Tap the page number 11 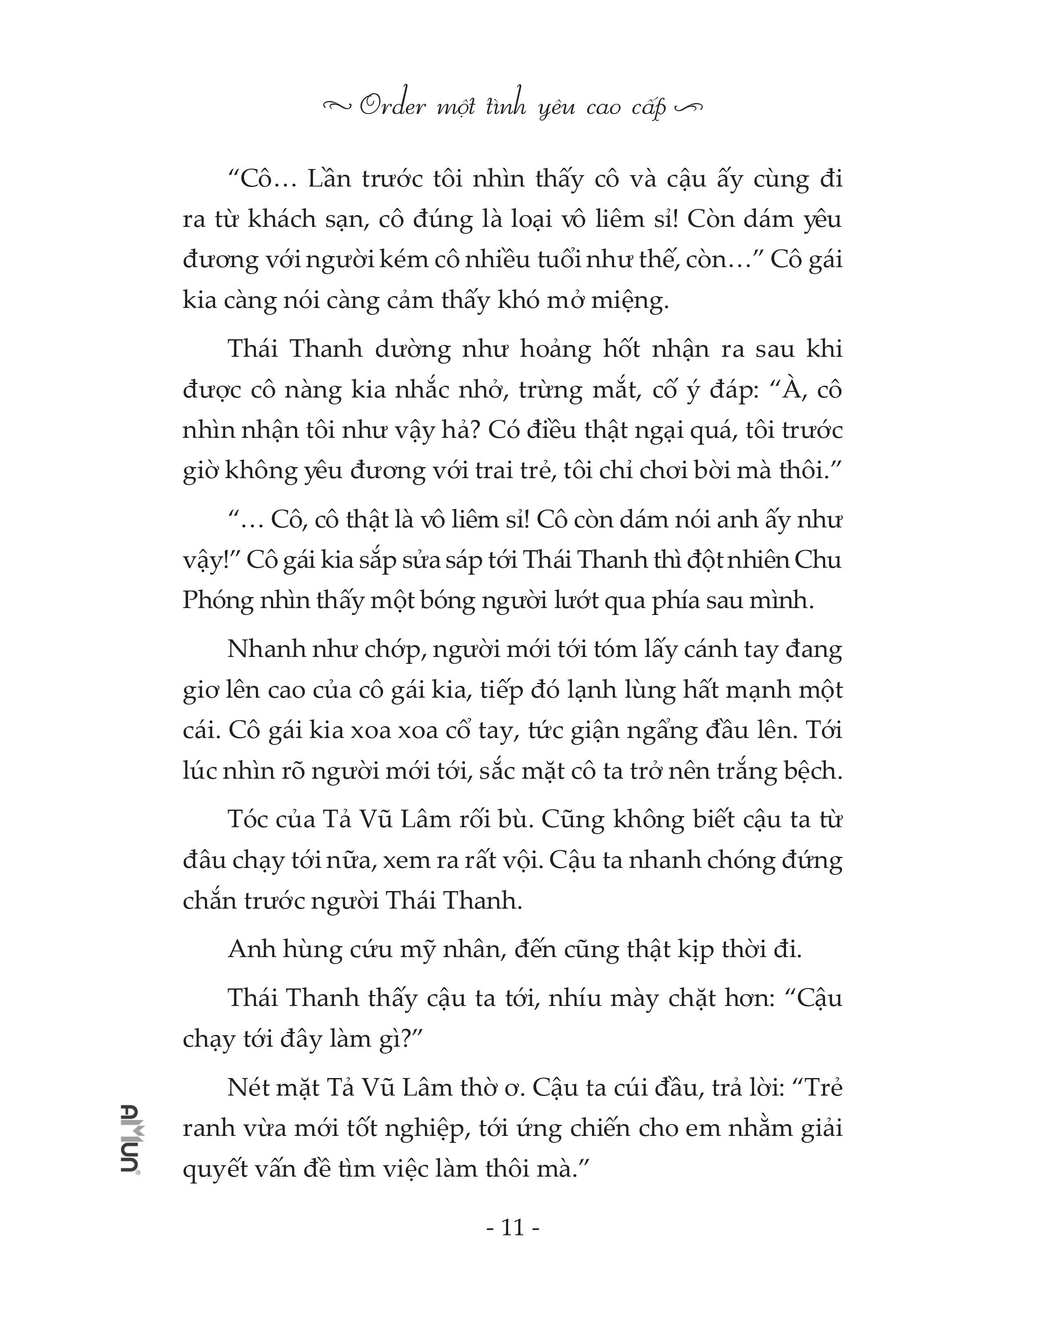513,1228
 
